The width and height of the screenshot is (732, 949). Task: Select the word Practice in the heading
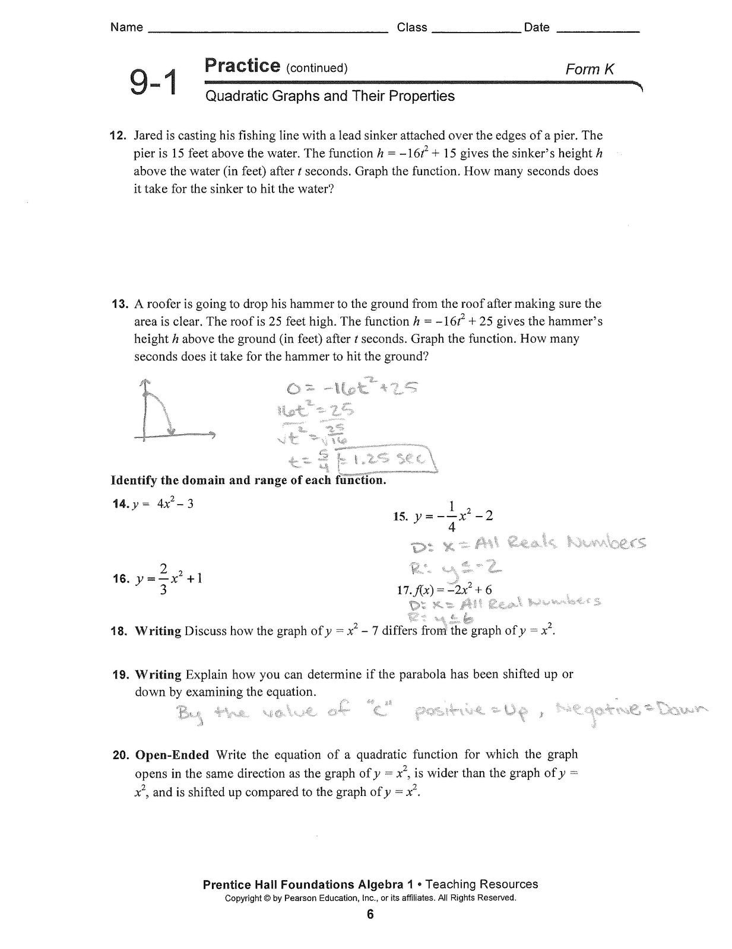[242, 65]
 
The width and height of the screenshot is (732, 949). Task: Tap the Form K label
[590, 69]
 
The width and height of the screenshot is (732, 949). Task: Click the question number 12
[119, 135]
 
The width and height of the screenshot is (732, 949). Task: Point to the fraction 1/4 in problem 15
[452, 516]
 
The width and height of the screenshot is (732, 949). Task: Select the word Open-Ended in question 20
[172, 755]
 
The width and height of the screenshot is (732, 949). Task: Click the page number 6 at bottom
[370, 915]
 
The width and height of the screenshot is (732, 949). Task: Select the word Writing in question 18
[158, 631]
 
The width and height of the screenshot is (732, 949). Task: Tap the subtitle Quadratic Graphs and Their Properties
[329, 96]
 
